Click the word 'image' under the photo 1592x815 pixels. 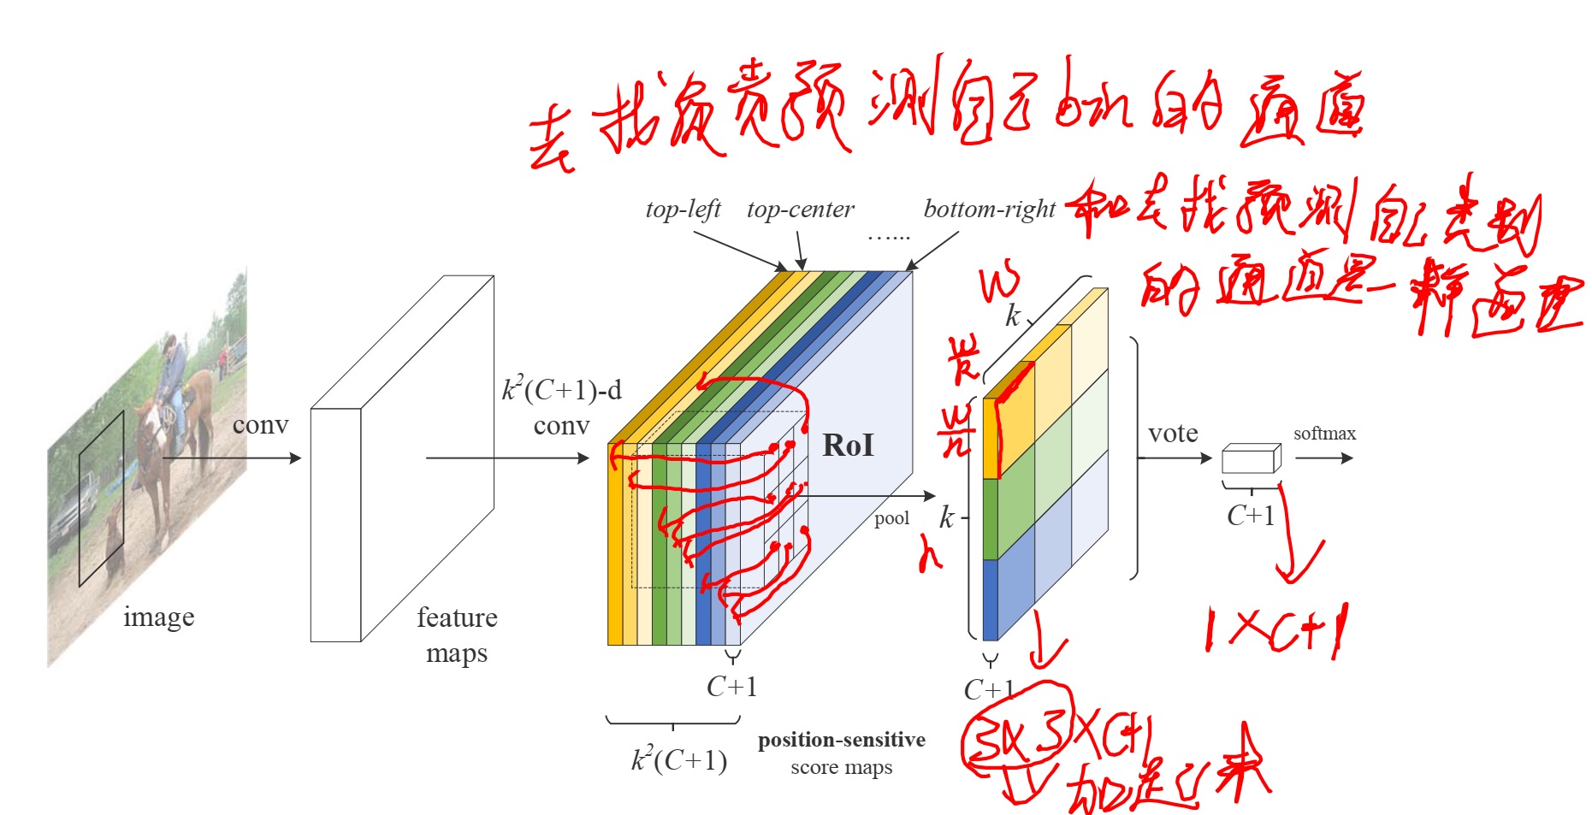pyautogui.click(x=158, y=617)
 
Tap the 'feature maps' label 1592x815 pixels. pyautogui.click(x=457, y=635)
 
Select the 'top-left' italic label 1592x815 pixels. pyautogui.click(x=683, y=210)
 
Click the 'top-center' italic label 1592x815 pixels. pyautogui.click(x=800, y=210)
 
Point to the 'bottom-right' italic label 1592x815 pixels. pyautogui.click(x=989, y=210)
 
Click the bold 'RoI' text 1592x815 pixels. pyautogui.click(x=848, y=446)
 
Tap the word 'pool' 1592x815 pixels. pyautogui.click(x=891, y=518)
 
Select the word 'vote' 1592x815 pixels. pyautogui.click(x=1173, y=434)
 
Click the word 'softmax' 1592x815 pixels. pyautogui.click(x=1324, y=434)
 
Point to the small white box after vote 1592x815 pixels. pyautogui.click(x=1251, y=459)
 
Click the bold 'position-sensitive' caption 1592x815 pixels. pyautogui.click(x=841, y=740)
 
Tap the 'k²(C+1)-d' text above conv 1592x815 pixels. pyautogui.click(x=561, y=391)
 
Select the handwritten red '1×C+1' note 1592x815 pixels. pyautogui.click(x=1275, y=633)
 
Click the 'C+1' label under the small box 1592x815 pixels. pyautogui.click(x=1250, y=516)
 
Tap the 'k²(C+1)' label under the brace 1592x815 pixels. pyautogui.click(x=679, y=759)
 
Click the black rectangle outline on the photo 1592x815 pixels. pyautogui.click(x=101, y=499)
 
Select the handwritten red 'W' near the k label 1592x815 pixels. pyautogui.click(x=998, y=283)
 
